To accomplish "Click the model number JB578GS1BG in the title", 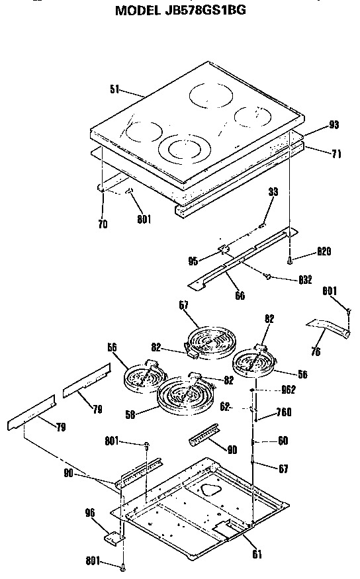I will (208, 11).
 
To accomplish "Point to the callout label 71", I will (336, 153).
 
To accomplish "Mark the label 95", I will (193, 261).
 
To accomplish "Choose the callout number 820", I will (323, 252).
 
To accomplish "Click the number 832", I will (304, 280).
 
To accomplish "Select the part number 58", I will (132, 414).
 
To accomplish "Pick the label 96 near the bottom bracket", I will (90, 512).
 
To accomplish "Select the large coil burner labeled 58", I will (183, 398).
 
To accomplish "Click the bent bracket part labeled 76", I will (328, 327).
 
